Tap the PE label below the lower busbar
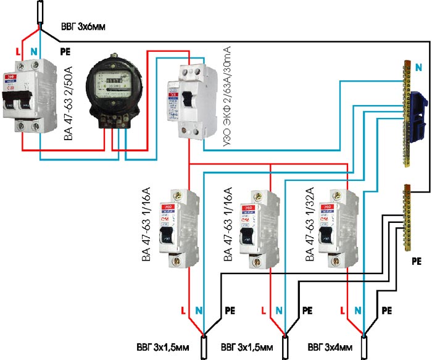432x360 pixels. point(416,261)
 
